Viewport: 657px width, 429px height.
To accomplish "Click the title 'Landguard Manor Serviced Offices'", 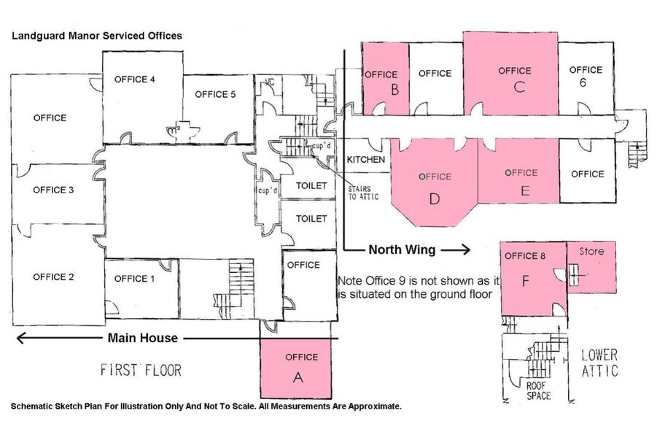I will [x=97, y=35].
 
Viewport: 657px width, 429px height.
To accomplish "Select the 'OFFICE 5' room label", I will [x=216, y=94].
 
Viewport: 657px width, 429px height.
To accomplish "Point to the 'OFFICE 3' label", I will [x=53, y=190].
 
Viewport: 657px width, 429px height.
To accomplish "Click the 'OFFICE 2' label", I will [x=53, y=277].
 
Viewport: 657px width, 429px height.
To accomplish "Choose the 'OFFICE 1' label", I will [x=136, y=278].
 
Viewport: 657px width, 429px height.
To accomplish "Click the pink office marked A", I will [x=297, y=376].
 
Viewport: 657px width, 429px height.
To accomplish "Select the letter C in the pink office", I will [x=519, y=87].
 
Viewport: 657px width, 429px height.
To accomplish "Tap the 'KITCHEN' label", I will [x=366, y=159].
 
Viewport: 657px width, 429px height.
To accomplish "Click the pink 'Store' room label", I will [x=591, y=252].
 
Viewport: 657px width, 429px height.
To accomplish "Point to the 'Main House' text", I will [x=143, y=338].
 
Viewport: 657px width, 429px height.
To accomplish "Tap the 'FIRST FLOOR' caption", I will [x=141, y=370].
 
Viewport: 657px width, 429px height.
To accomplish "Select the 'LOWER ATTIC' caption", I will [x=599, y=363].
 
